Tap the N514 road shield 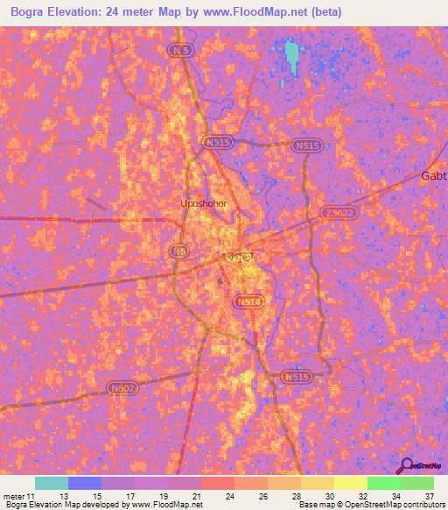tap(247, 301)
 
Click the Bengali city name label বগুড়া tap(235, 257)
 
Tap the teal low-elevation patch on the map tap(291, 57)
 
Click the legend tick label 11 tap(33, 496)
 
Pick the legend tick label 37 tap(430, 496)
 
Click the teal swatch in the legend tap(52, 483)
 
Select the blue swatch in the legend tap(85, 483)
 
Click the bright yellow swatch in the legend tap(351, 483)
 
